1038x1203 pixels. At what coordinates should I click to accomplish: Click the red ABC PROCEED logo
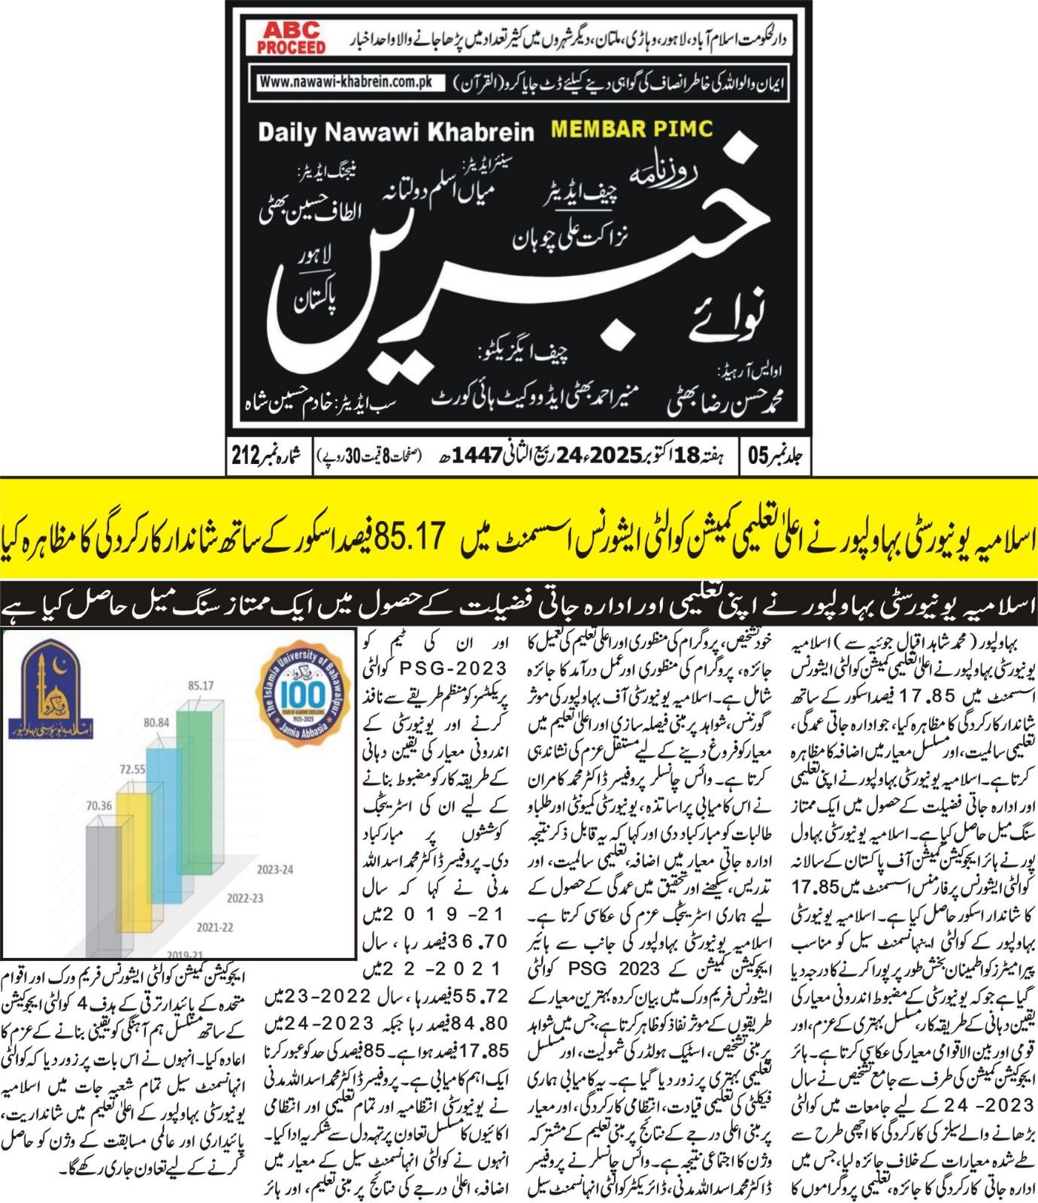tap(291, 38)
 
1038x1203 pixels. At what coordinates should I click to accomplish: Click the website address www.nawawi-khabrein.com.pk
tap(347, 82)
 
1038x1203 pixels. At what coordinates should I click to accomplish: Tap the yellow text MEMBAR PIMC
tap(631, 129)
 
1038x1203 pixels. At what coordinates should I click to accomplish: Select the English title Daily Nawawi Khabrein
tap(395, 132)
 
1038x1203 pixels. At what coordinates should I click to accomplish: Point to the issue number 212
tap(245, 455)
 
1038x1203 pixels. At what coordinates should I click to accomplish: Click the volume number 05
tap(758, 455)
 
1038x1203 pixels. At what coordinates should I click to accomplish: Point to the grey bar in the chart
tap(103, 887)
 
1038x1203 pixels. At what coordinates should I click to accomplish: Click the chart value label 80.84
tap(156, 723)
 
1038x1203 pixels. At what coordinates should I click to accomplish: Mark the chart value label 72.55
tap(132, 769)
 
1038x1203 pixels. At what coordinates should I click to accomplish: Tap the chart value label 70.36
tap(99, 805)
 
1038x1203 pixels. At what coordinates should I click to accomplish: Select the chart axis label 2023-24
tap(274, 870)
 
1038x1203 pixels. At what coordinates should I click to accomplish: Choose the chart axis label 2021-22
tap(215, 927)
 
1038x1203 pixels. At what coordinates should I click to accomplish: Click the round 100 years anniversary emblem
tap(303, 692)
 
